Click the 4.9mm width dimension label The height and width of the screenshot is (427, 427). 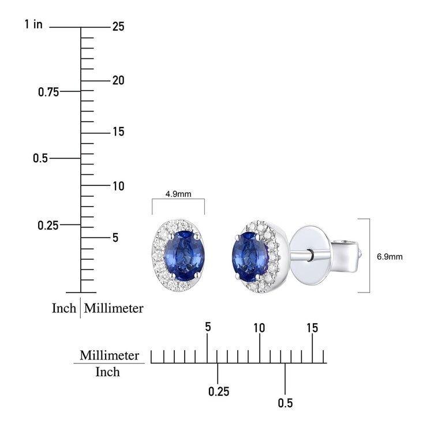pos(178,194)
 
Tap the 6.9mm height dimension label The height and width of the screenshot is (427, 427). pos(389,257)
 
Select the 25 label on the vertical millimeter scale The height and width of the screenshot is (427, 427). pos(118,27)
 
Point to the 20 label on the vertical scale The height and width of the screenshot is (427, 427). pos(118,80)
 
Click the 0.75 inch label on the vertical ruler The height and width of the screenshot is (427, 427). pos(48,92)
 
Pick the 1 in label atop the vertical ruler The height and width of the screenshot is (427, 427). pos(33,24)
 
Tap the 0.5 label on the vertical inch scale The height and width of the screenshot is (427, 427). pos(40,158)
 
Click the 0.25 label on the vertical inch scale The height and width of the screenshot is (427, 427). pos(48,226)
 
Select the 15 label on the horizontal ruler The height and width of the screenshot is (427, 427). pos(312,328)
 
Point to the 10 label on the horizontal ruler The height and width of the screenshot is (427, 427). pos(259,328)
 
